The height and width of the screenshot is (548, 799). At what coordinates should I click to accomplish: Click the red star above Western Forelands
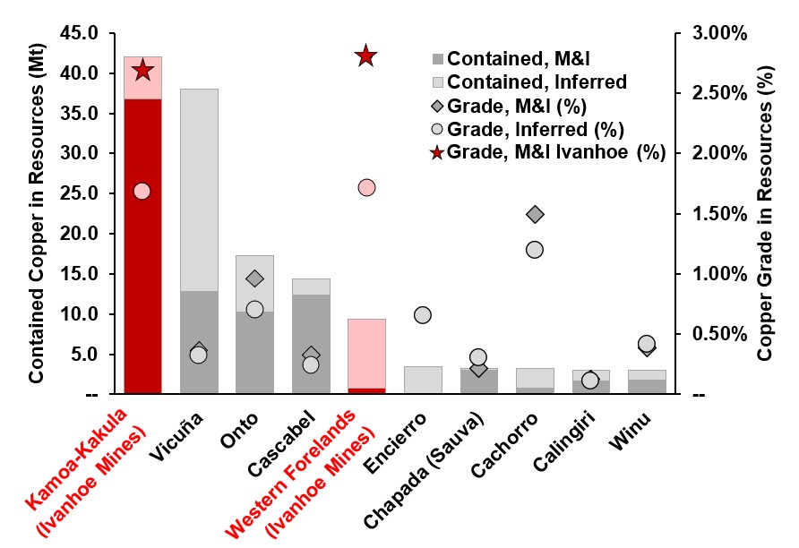pyautogui.click(x=365, y=56)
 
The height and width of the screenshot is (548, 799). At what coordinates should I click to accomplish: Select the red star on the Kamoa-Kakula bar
pyautogui.click(x=143, y=70)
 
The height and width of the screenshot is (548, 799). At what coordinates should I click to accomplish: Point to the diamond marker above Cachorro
pyautogui.click(x=535, y=214)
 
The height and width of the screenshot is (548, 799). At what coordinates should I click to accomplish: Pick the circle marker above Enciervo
pyautogui.click(x=423, y=315)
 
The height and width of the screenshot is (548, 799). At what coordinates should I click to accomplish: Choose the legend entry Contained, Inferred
pyautogui.click(x=536, y=82)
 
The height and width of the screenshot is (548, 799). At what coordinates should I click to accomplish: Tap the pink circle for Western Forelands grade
pyautogui.click(x=365, y=188)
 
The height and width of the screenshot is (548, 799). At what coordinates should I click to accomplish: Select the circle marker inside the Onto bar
pyautogui.click(x=254, y=310)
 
